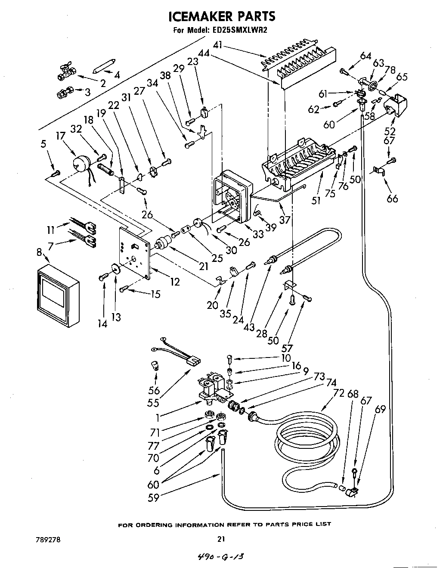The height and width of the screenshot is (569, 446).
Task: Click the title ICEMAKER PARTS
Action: click(x=221, y=16)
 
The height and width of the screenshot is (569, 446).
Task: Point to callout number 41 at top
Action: click(x=219, y=44)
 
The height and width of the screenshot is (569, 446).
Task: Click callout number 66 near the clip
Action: click(x=392, y=198)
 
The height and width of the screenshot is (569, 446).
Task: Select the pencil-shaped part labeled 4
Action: click(x=104, y=65)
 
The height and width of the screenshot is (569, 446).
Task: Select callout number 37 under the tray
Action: click(x=285, y=220)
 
